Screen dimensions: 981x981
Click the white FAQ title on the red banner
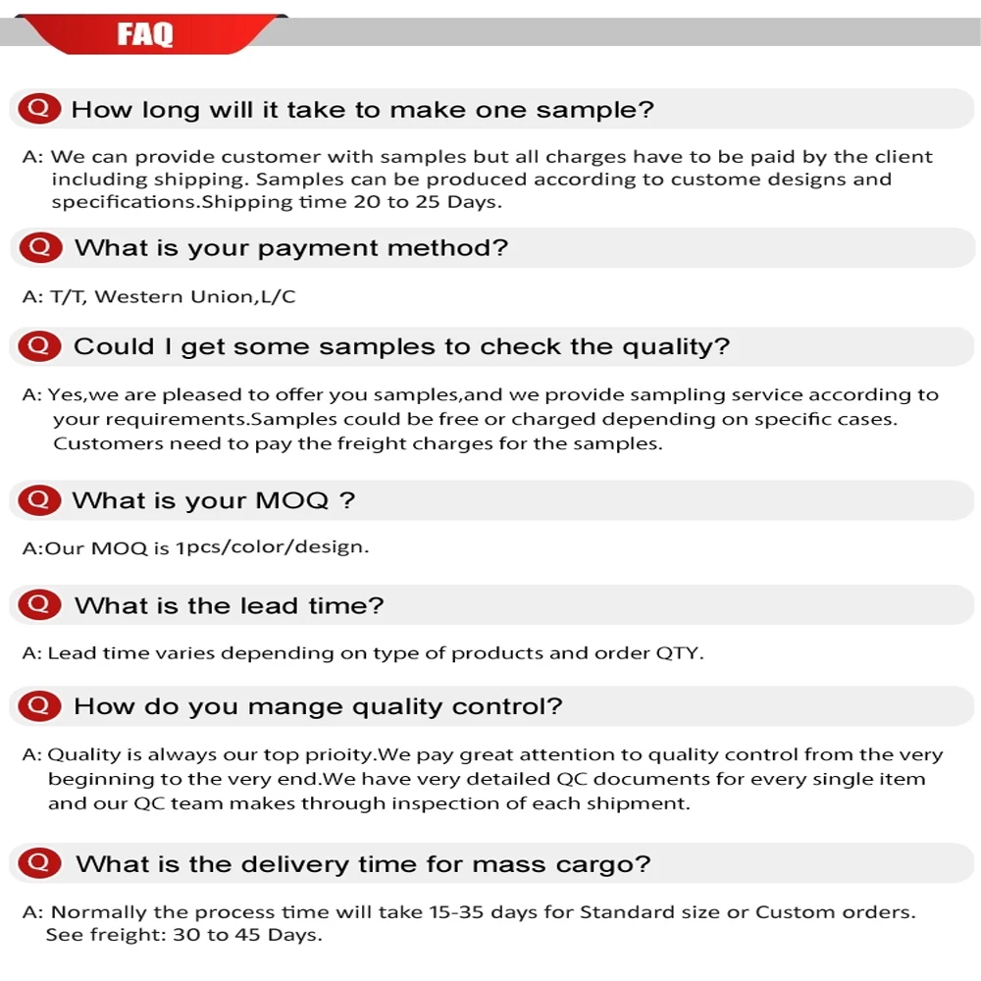click(x=144, y=34)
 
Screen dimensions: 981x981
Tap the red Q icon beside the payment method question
click(x=40, y=247)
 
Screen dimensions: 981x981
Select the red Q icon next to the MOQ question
click(x=39, y=499)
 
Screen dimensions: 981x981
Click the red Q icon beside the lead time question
click(x=39, y=604)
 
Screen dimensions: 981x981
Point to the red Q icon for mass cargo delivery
click(x=40, y=862)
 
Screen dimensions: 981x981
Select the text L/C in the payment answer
click(x=278, y=296)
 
